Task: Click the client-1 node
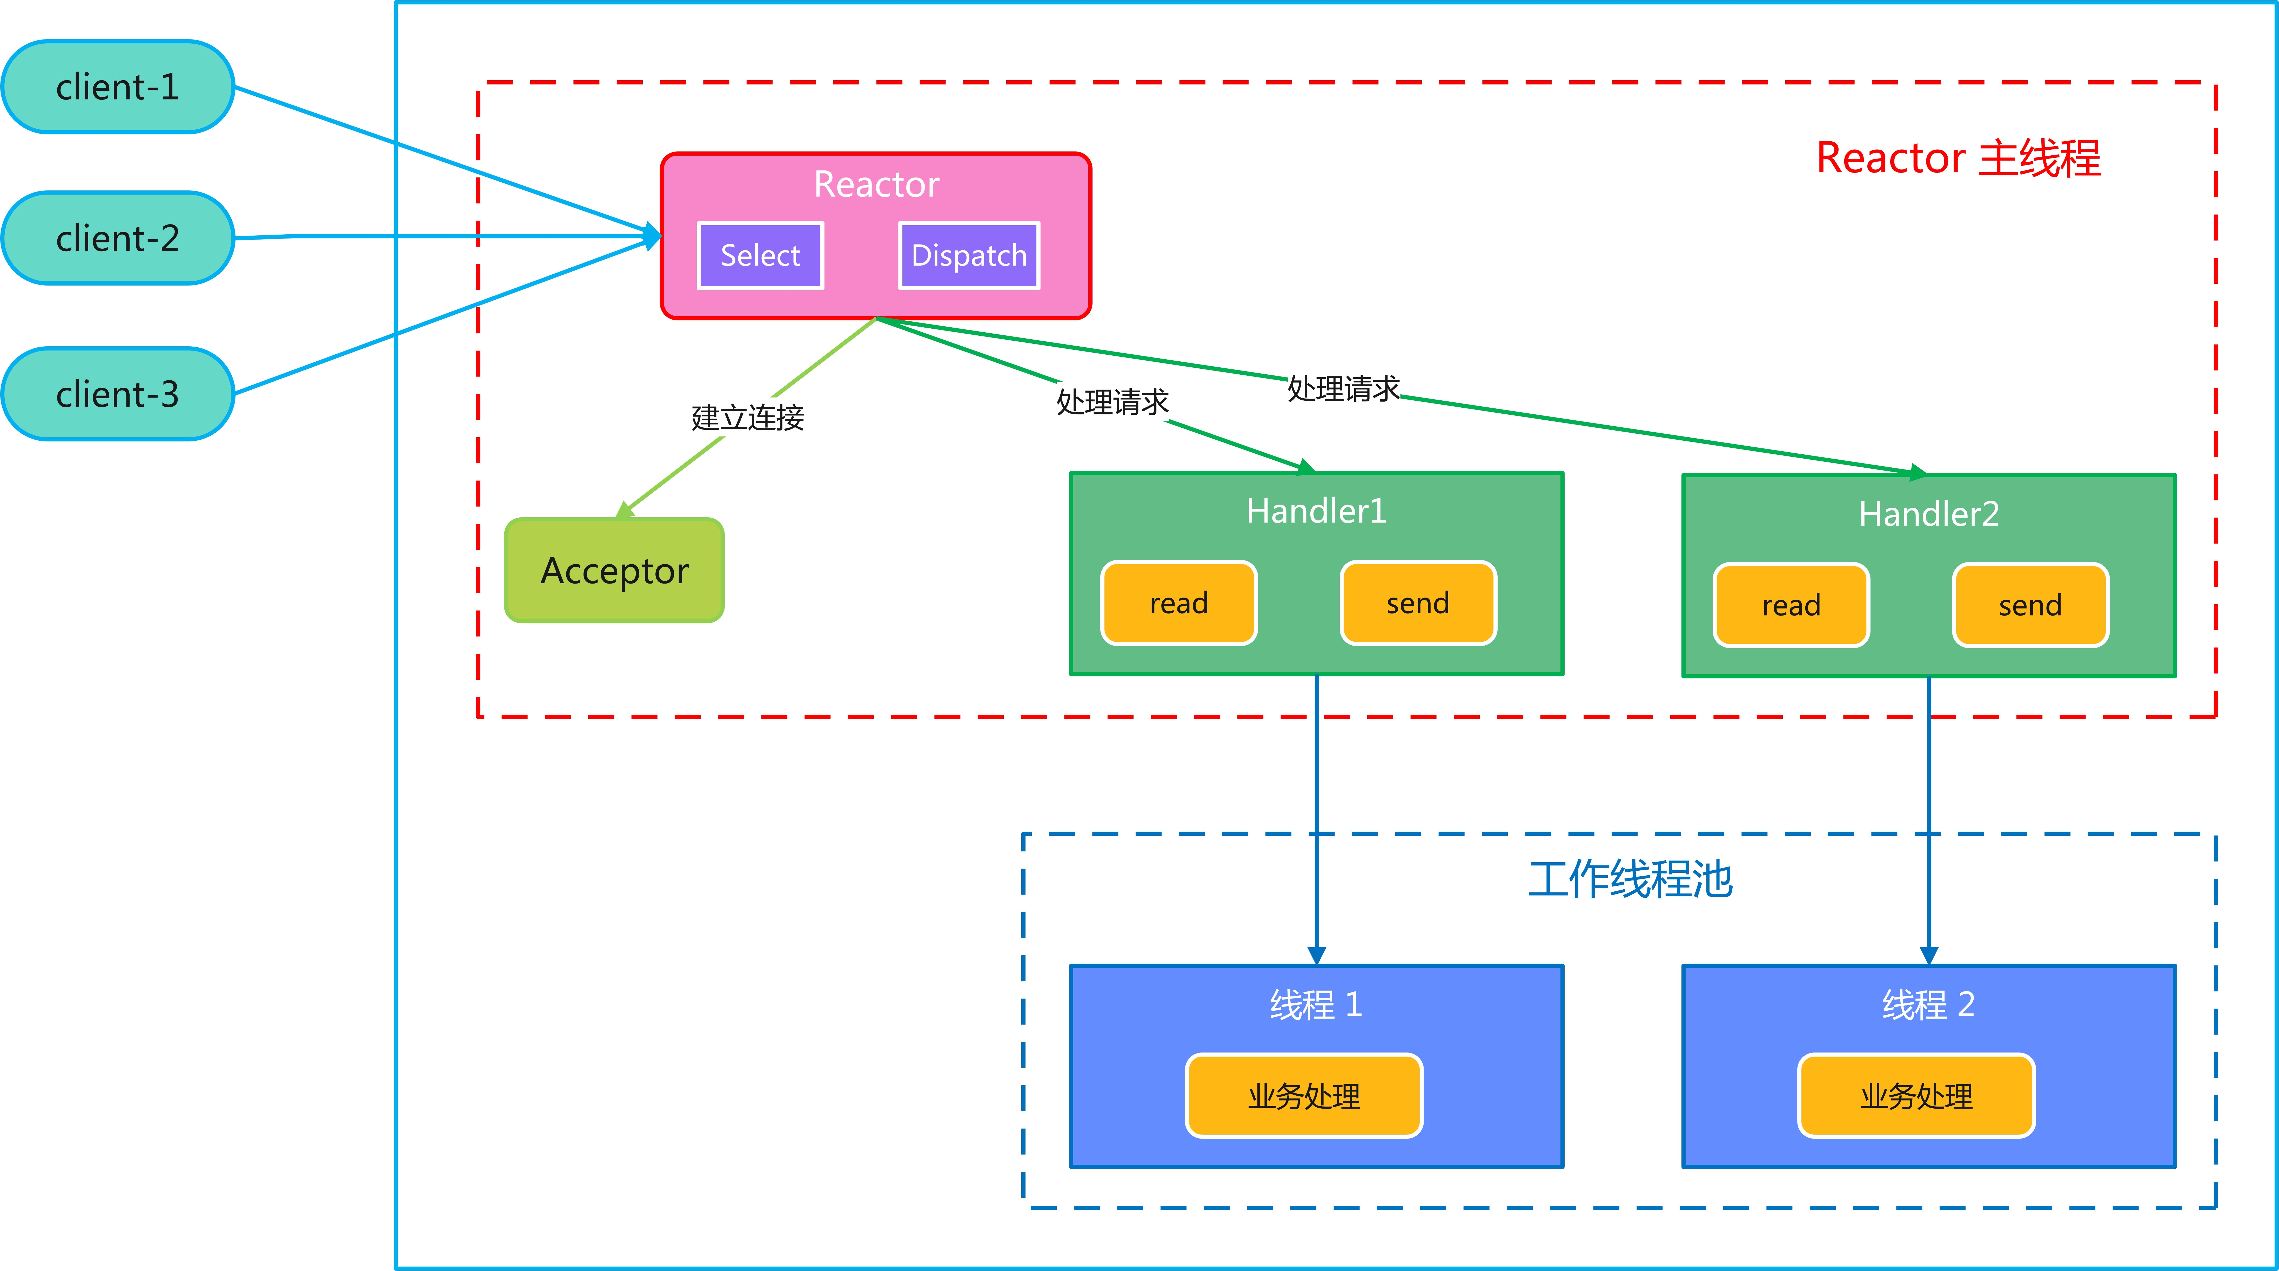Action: (x=118, y=87)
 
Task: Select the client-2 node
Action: (x=118, y=238)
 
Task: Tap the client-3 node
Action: (x=118, y=394)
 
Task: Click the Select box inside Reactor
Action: (x=760, y=256)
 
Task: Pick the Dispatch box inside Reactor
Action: (x=969, y=256)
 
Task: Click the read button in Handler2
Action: (x=1791, y=605)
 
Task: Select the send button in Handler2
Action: (x=2029, y=605)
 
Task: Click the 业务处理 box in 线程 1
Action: (x=1304, y=1096)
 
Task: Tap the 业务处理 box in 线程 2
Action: (x=1916, y=1096)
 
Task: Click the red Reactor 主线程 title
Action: (x=1958, y=158)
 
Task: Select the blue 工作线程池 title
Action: (x=1630, y=880)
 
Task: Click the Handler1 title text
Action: (x=1316, y=511)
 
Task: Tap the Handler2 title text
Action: (x=1929, y=513)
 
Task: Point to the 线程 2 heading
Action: (x=1929, y=1005)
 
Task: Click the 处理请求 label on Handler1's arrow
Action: (x=1112, y=402)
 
